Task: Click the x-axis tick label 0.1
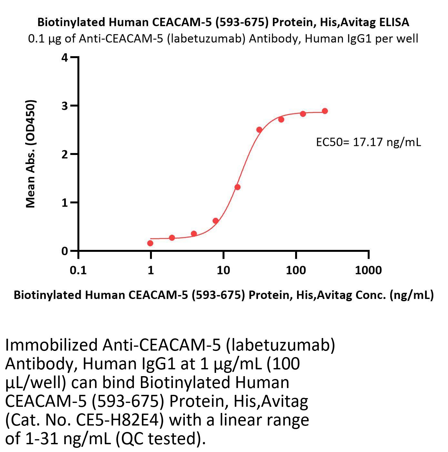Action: (78, 270)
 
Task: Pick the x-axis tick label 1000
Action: (368, 270)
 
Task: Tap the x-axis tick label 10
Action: (223, 270)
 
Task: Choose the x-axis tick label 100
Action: (296, 270)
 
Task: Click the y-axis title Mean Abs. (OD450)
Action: (30, 154)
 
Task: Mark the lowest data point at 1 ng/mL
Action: (150, 243)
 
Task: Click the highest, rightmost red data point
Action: (325, 111)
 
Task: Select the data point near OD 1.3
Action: (237, 187)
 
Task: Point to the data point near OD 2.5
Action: (259, 130)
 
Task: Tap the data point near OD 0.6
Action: (215, 221)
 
